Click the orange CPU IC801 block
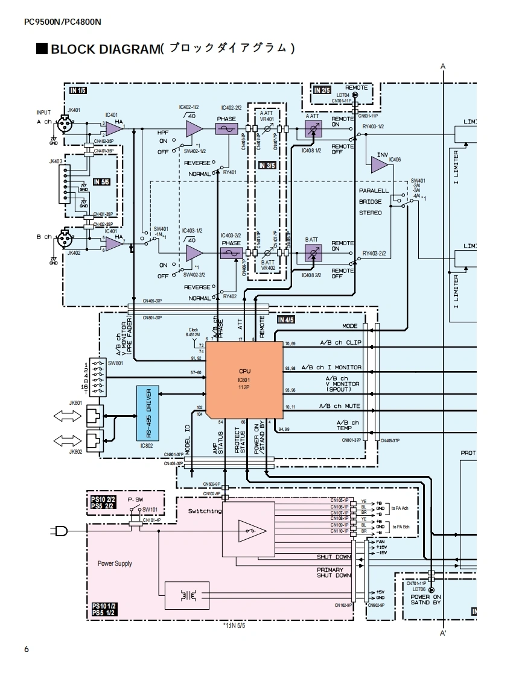[245, 381]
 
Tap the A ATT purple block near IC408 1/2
[313, 128]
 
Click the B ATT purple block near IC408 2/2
[313, 252]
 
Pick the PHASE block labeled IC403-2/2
[231, 255]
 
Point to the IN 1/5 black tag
[78, 91]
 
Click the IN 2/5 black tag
[322, 91]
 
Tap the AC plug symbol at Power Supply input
[61, 531]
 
